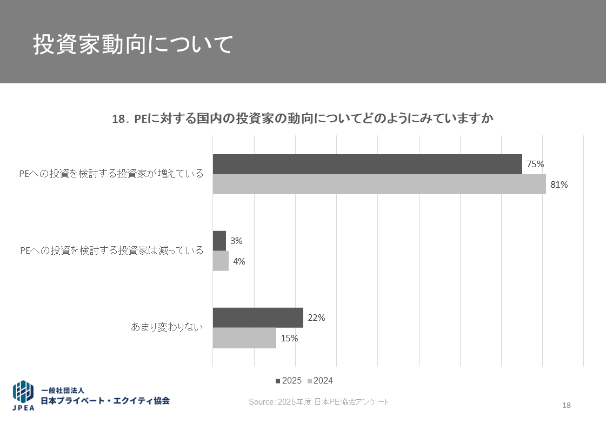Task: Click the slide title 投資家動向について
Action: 132,45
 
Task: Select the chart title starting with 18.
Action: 303,119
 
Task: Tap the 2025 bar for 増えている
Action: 367,164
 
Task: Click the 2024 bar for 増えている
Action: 379,184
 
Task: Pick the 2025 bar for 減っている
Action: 219,241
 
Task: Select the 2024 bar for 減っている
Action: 221,261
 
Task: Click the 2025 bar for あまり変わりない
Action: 258,318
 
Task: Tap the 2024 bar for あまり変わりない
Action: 244,338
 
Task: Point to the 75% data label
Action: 535,164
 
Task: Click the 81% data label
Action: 559,184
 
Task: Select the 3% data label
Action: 236,241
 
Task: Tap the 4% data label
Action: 239,261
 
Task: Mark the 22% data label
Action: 316,318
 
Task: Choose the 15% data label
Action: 289,338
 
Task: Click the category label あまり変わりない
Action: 167,327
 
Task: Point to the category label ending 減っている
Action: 111,250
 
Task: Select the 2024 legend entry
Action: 320,381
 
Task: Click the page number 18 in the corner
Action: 567,406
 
